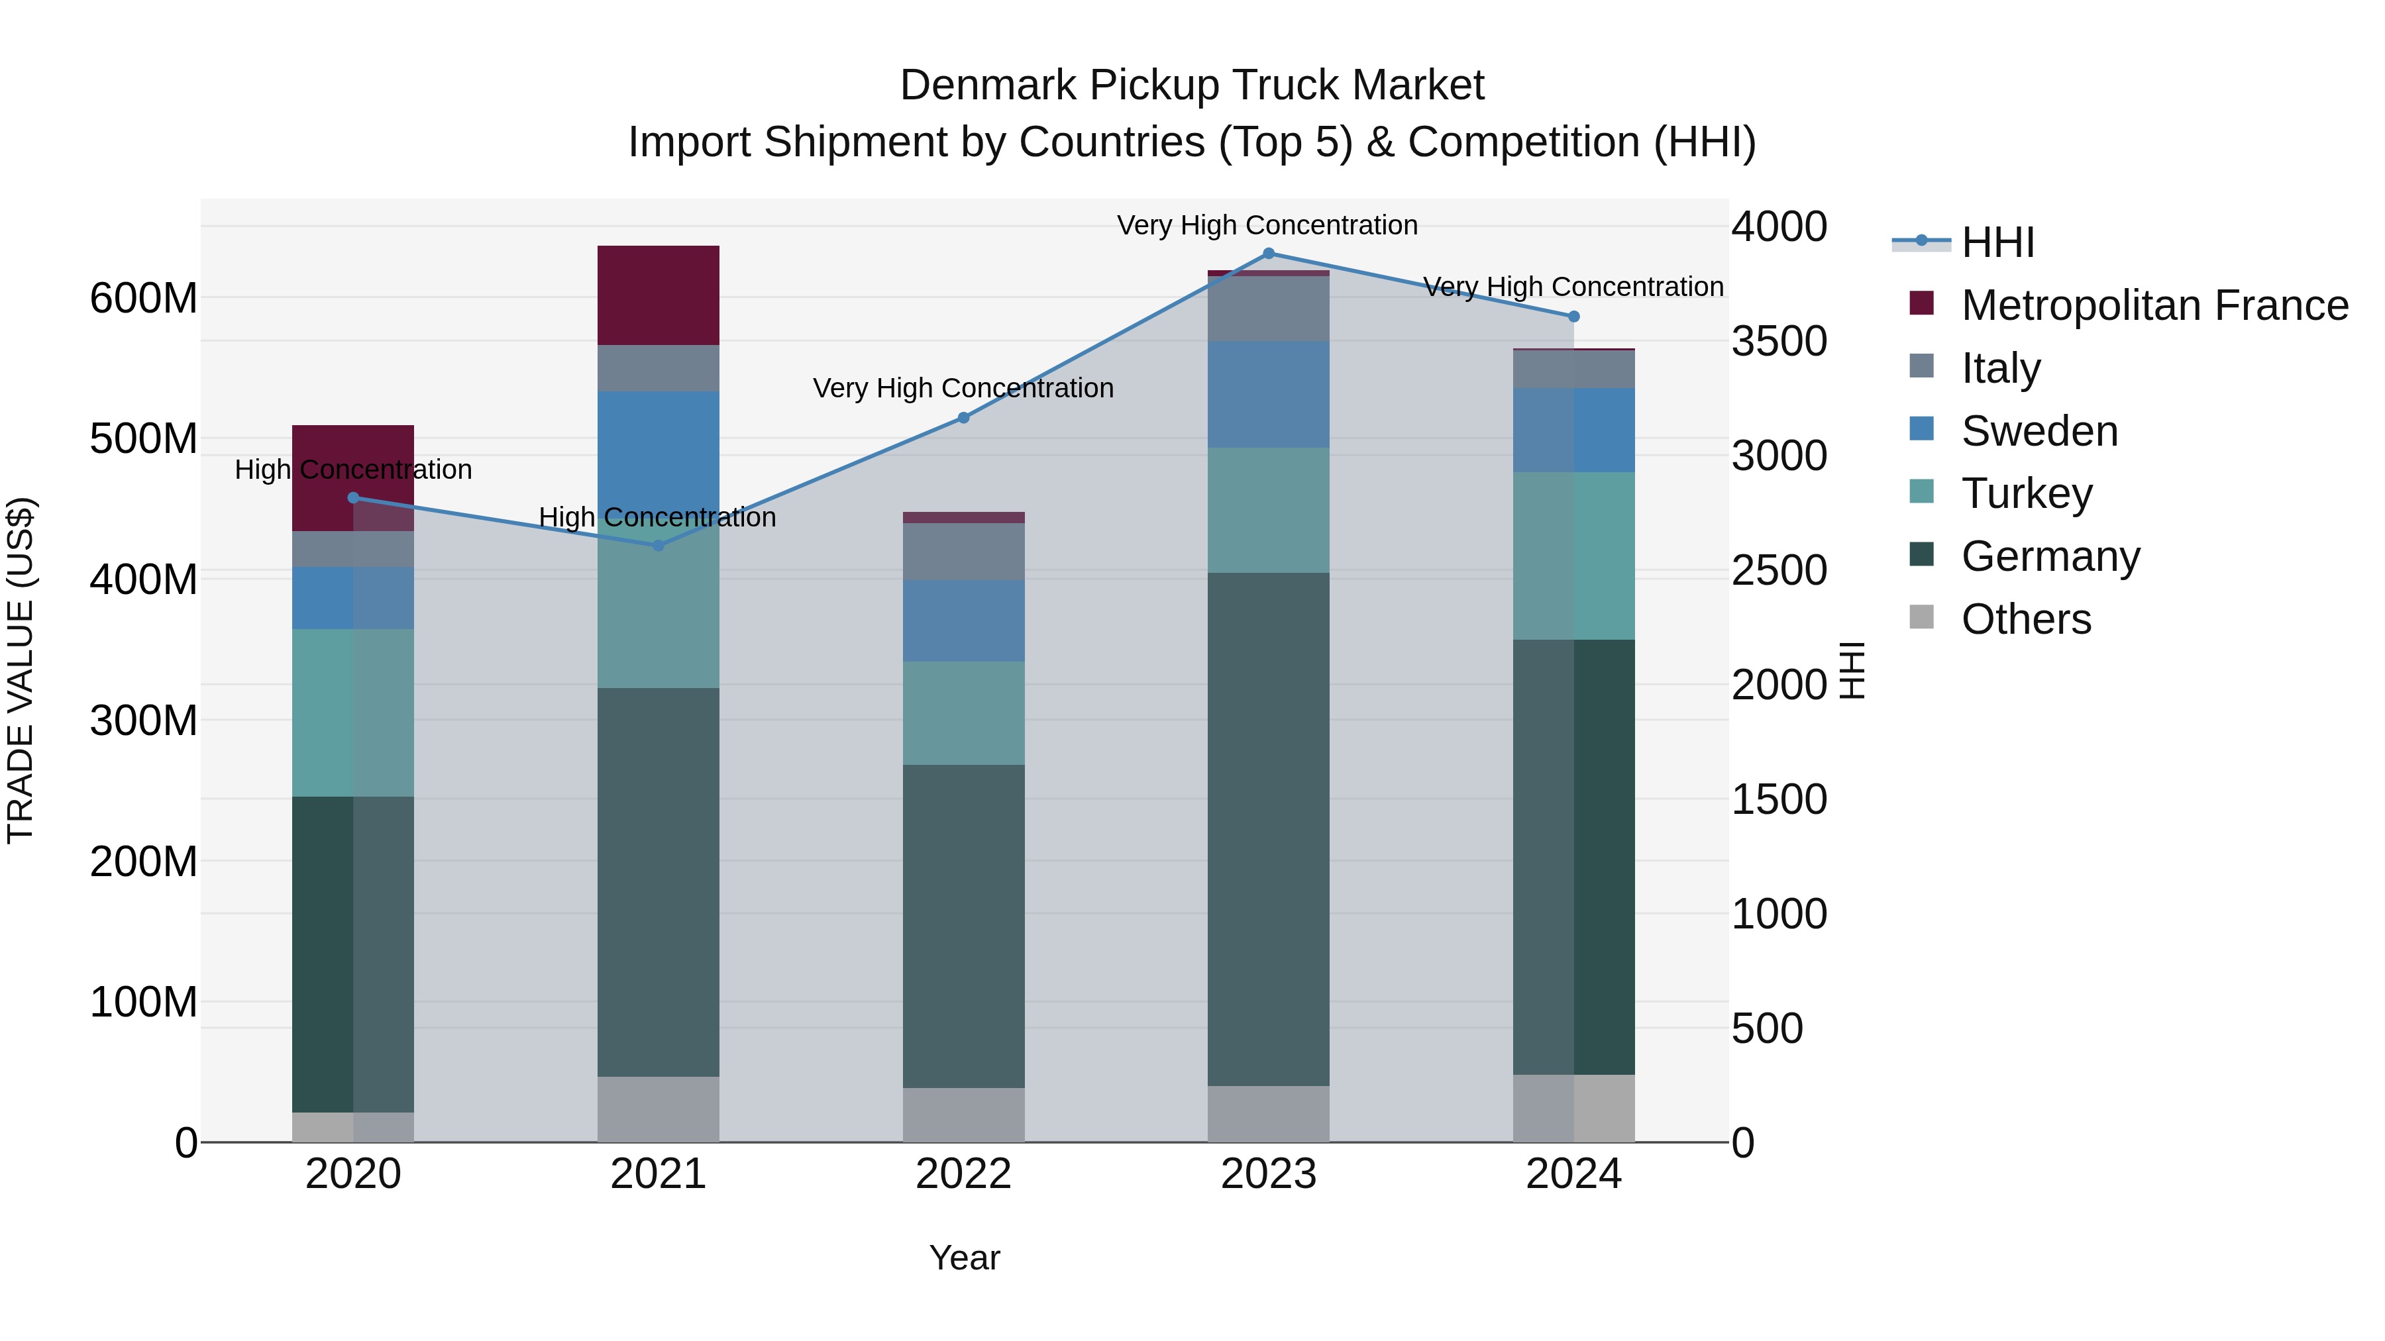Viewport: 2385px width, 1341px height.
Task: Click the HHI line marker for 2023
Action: point(1269,254)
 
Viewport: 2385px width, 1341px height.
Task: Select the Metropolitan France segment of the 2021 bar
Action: point(659,295)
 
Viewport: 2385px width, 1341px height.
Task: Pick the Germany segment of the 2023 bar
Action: point(1269,829)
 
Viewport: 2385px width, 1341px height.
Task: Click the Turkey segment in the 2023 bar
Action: point(1269,510)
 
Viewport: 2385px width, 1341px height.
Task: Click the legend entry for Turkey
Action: point(2026,493)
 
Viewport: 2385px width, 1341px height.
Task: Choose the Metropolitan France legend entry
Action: point(2154,305)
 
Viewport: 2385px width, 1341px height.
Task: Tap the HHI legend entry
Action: point(1997,242)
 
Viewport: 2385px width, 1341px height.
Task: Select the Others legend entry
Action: point(2026,619)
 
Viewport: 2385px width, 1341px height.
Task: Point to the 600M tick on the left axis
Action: point(144,299)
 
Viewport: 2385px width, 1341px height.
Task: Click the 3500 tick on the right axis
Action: point(1779,342)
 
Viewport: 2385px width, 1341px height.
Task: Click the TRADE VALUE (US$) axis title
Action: point(21,670)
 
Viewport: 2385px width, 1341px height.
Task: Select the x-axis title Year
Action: point(964,1258)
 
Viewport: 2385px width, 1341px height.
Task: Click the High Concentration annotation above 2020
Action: point(352,470)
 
